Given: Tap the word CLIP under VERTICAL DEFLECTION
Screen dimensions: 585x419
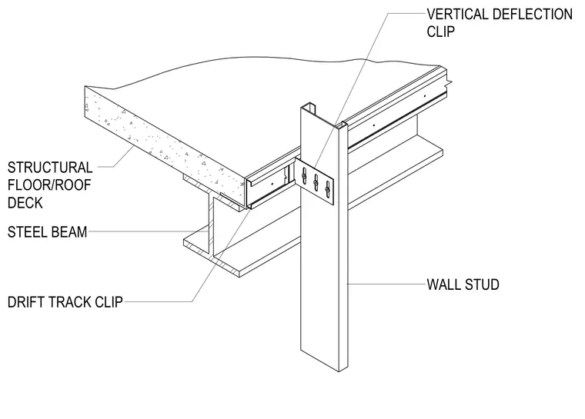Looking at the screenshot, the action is coord(440,32).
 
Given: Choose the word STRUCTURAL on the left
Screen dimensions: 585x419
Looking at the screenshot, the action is coord(50,168).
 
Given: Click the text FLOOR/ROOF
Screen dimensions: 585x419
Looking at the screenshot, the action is coord(49,185).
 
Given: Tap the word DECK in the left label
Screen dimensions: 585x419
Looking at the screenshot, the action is coord(25,203).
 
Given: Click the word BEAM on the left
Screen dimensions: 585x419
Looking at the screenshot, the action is coord(68,232).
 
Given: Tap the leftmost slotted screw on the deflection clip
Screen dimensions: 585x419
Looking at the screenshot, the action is coord(304,175).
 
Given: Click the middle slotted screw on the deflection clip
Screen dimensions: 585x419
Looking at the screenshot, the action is coord(316,182).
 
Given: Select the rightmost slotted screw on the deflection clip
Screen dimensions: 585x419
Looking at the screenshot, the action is coord(328,189).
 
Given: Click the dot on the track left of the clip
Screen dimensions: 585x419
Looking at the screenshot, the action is coord(272,183).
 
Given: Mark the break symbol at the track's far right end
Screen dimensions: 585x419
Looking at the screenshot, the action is coord(449,81).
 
